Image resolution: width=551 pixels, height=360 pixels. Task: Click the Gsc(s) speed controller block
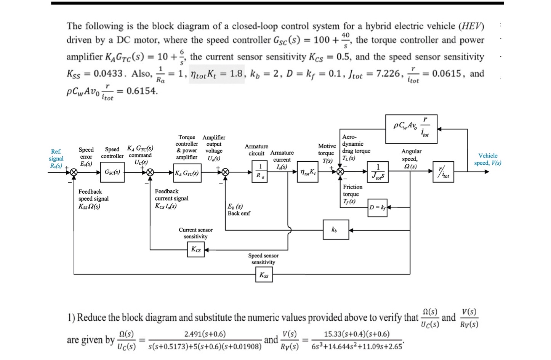(112, 172)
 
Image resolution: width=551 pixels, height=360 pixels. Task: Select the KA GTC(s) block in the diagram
(187, 173)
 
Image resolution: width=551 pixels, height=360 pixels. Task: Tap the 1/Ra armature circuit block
(260, 171)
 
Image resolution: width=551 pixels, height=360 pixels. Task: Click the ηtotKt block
(307, 172)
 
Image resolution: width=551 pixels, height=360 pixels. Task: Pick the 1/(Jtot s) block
(378, 172)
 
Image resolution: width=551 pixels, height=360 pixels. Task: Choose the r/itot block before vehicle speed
(443, 172)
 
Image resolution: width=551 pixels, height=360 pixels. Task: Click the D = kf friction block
(378, 207)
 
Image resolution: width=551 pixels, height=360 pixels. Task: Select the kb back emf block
(335, 230)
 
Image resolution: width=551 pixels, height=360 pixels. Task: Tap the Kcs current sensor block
(196, 249)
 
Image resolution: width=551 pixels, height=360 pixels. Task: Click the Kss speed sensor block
(264, 275)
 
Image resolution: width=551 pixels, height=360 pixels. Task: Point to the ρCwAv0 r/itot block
(411, 129)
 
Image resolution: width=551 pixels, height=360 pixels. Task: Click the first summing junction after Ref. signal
(74, 172)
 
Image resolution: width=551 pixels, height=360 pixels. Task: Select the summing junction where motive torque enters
(340, 172)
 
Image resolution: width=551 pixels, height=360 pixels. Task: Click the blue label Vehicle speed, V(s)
(487, 159)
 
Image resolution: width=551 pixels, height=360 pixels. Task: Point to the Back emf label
(239, 214)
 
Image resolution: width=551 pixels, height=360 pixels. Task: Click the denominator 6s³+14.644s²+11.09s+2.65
(357, 346)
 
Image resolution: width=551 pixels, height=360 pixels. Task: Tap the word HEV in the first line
(472, 26)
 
